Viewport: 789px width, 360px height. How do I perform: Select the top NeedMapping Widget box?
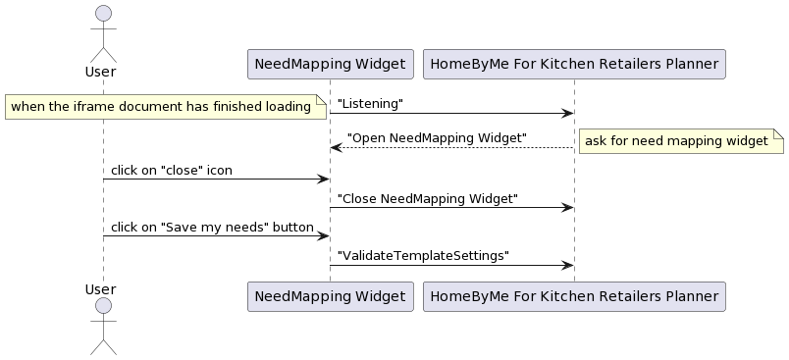[330, 65]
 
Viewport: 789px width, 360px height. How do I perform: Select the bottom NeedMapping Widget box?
[330, 295]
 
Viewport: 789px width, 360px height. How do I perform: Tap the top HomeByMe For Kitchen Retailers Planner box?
[574, 65]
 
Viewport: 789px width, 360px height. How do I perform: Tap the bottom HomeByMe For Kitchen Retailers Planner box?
[574, 295]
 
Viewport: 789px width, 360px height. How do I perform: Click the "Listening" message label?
[370, 103]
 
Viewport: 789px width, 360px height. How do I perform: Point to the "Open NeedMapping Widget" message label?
[437, 137]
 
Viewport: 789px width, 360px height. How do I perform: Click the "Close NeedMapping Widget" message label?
[427, 198]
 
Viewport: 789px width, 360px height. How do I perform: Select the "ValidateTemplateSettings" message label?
[423, 255]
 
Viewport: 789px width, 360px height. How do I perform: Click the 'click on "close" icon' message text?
[172, 170]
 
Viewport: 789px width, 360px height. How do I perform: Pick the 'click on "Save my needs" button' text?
[212, 228]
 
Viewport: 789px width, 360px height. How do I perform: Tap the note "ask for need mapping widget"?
[678, 141]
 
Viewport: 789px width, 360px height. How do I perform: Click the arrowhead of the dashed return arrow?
[336, 147]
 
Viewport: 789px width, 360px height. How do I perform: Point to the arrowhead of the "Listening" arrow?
[567, 113]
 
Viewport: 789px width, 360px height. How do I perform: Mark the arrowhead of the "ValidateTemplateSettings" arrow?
[567, 265]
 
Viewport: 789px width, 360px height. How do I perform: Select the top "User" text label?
[101, 72]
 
